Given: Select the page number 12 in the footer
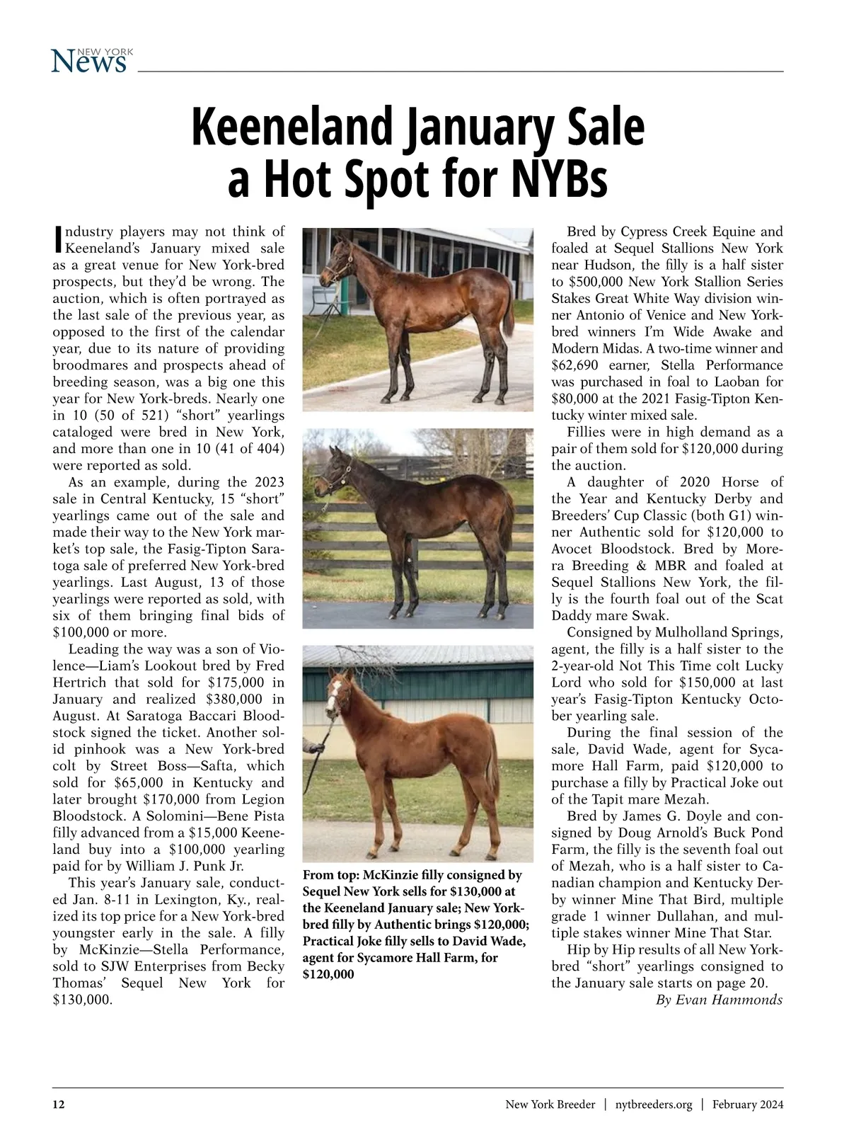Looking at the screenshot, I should coord(59,1104).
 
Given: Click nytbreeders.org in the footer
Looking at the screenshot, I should coord(654,1104).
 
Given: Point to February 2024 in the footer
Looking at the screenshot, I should coord(748,1104).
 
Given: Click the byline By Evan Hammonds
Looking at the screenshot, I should coord(719,1000).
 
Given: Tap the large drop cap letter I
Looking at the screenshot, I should coord(58,240).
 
